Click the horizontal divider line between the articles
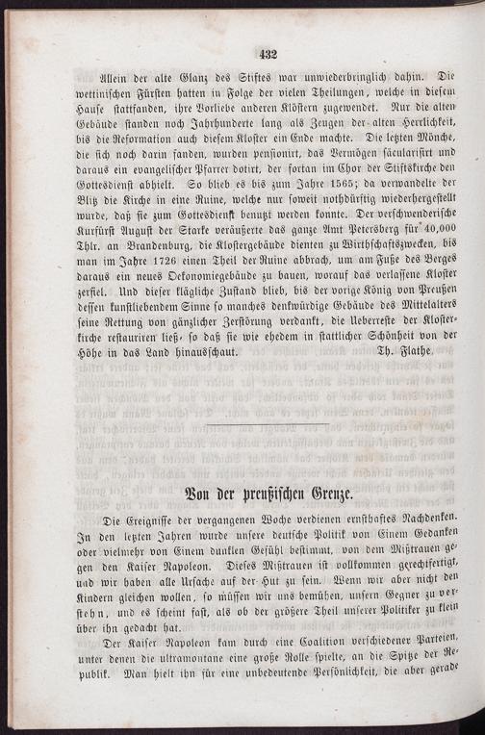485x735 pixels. (268, 420)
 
